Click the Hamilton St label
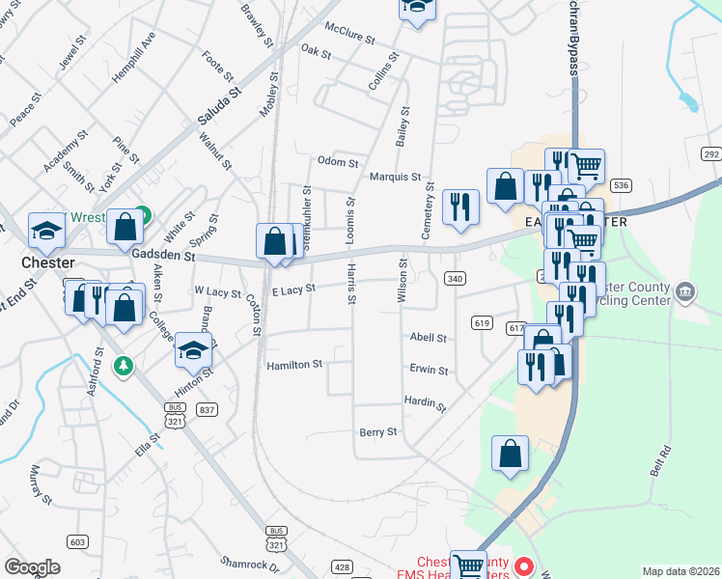[x=294, y=365]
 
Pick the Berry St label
[x=377, y=432]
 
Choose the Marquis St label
[x=395, y=177]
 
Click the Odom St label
[x=338, y=162]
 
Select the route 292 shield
[x=711, y=154]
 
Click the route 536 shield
[x=621, y=184]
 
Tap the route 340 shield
[x=454, y=278]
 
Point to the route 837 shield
[x=206, y=410]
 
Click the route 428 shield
[x=343, y=567]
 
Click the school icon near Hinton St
[x=193, y=350]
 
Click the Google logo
[x=32, y=567]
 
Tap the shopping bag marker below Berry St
[x=510, y=453]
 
